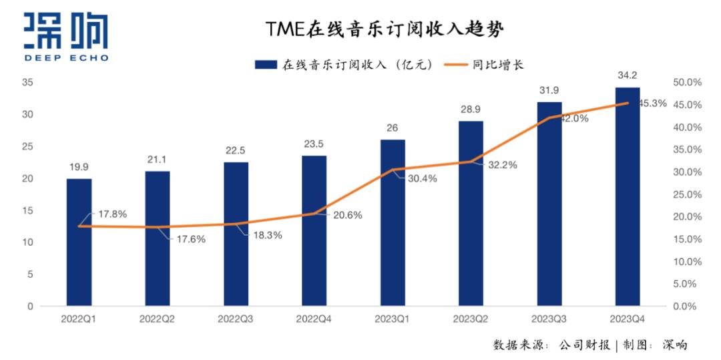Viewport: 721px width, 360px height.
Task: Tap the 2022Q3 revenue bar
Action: pos(236,234)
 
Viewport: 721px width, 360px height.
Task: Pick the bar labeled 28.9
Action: pos(471,213)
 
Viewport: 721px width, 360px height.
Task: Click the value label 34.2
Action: pos(627,74)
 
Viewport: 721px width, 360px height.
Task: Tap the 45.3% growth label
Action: pos(652,104)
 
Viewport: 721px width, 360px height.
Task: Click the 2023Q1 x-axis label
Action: pos(392,320)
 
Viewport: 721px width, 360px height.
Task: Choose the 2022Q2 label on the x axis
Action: pos(157,320)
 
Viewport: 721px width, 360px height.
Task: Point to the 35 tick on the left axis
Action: pos(27,82)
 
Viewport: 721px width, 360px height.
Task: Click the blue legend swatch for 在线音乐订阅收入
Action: pos(266,65)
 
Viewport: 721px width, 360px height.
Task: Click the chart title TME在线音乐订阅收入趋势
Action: pos(384,29)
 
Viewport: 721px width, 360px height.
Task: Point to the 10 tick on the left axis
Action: pos(27,242)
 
